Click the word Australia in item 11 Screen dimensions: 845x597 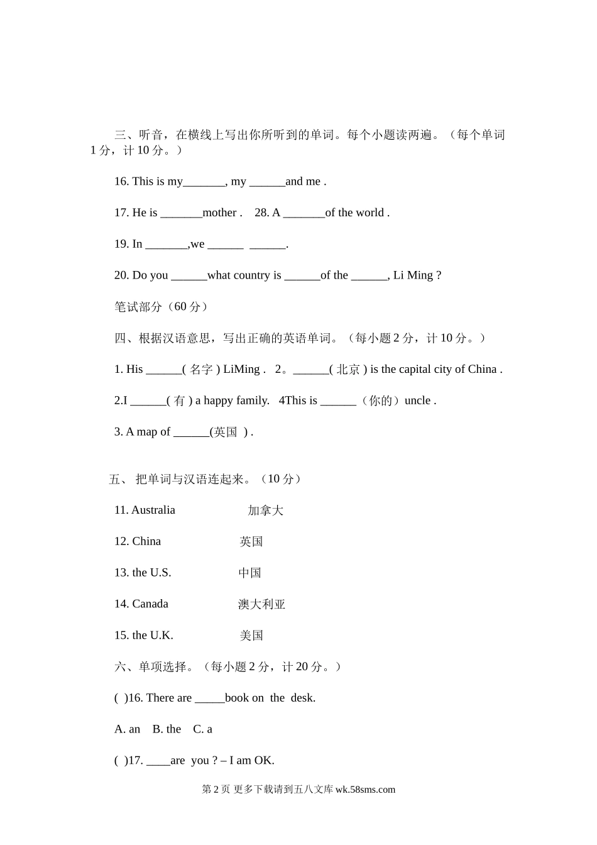point(153,510)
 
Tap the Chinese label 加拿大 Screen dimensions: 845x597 point(265,511)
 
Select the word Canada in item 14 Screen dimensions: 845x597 point(150,604)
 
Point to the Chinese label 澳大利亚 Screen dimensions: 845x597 point(261,604)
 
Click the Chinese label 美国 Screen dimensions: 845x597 point(251,636)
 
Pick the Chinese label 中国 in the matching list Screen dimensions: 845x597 point(249,573)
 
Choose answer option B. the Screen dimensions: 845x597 point(167,729)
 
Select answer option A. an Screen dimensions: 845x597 point(127,729)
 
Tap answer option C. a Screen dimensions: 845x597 point(202,729)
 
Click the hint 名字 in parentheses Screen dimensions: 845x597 point(201,370)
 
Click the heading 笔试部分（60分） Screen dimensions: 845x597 point(161,307)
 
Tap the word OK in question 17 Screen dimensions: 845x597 point(264,761)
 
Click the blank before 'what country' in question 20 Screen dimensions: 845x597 point(189,275)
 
